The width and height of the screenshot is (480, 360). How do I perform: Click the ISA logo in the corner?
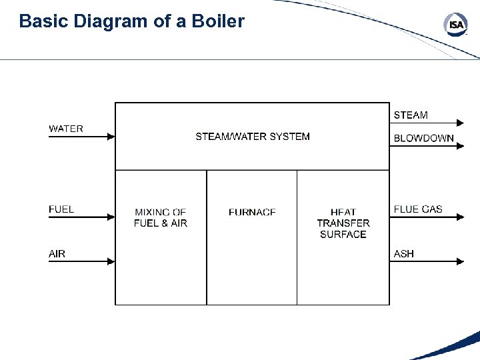click(456, 25)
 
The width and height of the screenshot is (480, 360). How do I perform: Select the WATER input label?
click(66, 129)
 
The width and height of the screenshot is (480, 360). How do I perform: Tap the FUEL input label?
click(61, 209)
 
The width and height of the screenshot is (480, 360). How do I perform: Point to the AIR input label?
click(57, 254)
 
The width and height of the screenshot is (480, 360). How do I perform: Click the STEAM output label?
click(411, 115)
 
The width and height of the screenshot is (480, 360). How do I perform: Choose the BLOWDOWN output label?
click(423, 139)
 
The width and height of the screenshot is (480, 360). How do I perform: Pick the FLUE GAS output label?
click(418, 209)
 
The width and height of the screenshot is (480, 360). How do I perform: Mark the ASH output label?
click(404, 254)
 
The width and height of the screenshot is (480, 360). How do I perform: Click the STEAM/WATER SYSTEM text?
click(253, 137)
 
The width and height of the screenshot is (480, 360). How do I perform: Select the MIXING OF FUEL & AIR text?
click(161, 217)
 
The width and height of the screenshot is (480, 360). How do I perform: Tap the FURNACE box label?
click(252, 212)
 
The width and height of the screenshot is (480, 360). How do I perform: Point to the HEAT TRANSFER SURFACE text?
click(343, 223)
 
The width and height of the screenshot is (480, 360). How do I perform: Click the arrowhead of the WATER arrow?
click(111, 137)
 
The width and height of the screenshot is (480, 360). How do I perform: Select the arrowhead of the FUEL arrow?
click(111, 217)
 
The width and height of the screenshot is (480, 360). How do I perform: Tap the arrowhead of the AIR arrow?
click(111, 262)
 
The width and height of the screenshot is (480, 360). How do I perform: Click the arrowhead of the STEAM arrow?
click(459, 123)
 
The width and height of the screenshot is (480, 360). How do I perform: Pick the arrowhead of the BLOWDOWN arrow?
click(459, 145)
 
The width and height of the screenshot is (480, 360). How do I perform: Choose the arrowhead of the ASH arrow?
click(459, 262)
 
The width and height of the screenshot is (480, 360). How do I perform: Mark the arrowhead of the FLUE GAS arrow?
click(459, 217)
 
